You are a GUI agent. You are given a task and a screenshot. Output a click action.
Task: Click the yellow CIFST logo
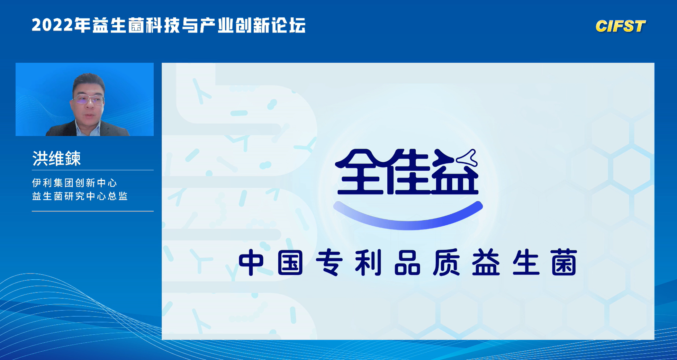coord(620,26)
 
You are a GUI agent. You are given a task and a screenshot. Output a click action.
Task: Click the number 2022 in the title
coord(52,25)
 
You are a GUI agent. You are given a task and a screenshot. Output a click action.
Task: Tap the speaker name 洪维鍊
coord(56,158)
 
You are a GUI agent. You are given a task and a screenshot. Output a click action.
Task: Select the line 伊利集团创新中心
coord(75,183)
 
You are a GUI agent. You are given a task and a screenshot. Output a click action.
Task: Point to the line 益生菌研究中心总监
coord(80,196)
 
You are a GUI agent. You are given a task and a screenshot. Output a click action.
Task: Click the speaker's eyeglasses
coord(88,100)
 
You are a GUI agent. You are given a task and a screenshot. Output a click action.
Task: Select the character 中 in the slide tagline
coord(251,263)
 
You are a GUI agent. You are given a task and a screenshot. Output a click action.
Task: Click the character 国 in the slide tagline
coord(290,263)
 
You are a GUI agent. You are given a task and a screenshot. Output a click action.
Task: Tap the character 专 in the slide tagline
coord(329,263)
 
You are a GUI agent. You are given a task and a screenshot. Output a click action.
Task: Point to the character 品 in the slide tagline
coord(407,263)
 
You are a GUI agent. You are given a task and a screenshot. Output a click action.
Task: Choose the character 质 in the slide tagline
coord(447,263)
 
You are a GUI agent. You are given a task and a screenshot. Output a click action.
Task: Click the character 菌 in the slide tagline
coord(564,263)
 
